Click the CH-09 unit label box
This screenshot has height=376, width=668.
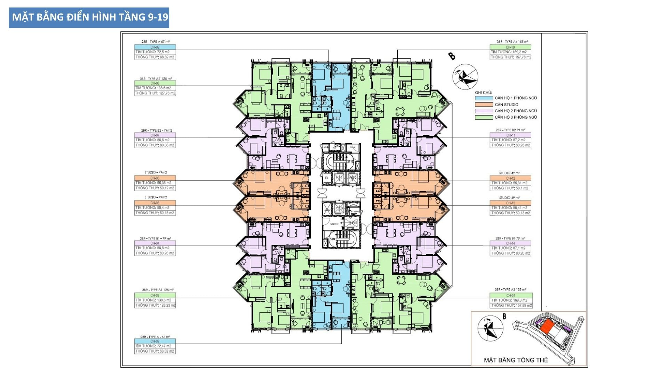[x=155, y=47]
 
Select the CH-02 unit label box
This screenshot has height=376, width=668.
[x=155, y=341]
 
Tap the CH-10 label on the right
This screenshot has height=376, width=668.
[x=510, y=47]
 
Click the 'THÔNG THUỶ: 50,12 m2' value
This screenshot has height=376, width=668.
[x=155, y=188]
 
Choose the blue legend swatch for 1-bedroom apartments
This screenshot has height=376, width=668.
[x=484, y=98]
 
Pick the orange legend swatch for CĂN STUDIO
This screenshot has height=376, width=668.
[x=484, y=104]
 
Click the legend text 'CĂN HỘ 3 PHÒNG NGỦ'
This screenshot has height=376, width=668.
[x=516, y=117]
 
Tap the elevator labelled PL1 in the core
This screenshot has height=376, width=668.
[x=339, y=178]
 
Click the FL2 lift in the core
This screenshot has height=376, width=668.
[x=354, y=223]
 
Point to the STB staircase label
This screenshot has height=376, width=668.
[x=332, y=239]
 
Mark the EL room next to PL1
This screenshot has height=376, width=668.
[x=326, y=178]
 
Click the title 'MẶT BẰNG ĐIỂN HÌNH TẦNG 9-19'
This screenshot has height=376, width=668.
[x=89, y=17]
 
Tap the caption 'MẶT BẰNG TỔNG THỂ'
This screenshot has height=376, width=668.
[x=516, y=360]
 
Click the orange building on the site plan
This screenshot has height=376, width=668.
[x=547, y=327]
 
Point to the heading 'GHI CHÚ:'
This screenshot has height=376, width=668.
[x=483, y=93]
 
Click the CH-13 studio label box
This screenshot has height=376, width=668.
[x=510, y=203]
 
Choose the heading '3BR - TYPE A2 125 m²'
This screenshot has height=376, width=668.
[x=156, y=79]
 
